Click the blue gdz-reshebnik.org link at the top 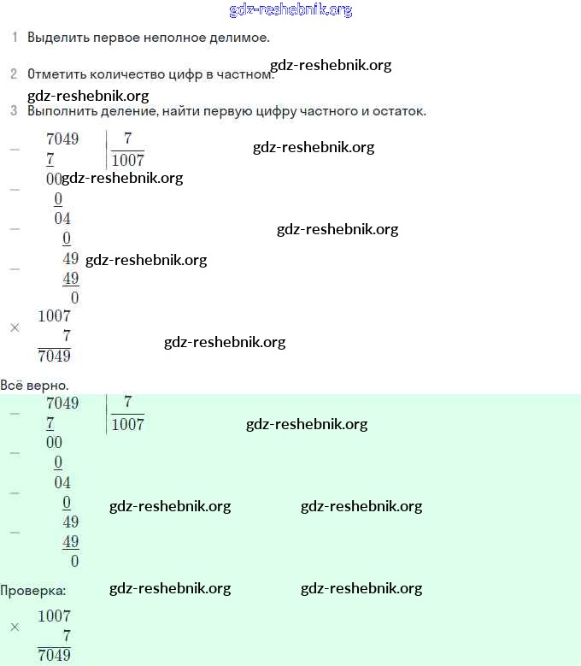tap(290, 10)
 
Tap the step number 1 tap(15, 38)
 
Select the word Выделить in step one tap(56, 38)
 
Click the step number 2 tap(14, 74)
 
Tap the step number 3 tap(14, 111)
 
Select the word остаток tap(396, 111)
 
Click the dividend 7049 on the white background tap(62, 139)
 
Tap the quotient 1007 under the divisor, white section tap(128, 160)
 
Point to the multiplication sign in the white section tap(15, 327)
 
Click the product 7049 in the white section tap(55, 356)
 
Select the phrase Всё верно tap(34, 386)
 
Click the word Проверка tap(32, 590)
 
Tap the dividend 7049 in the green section tap(62, 403)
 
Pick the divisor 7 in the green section tap(128, 402)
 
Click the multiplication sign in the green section tap(15, 628)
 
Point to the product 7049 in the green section tap(55, 656)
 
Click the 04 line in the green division tap(62, 482)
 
